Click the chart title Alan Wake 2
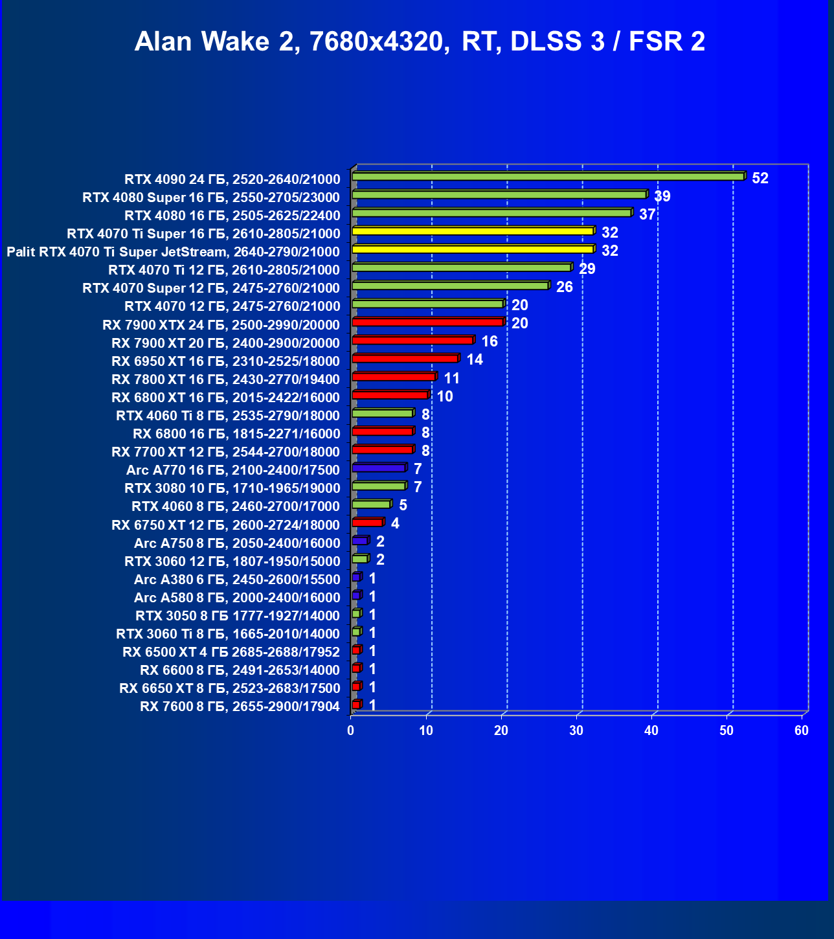(420, 41)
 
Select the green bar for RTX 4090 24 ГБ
(548, 176)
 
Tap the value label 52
(760, 178)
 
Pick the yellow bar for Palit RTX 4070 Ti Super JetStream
(473, 249)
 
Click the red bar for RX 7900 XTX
(427, 322)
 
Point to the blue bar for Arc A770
(379, 468)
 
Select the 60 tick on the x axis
(802, 730)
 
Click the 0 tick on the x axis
(351, 730)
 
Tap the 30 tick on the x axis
(576, 730)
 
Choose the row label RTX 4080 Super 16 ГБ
(211, 198)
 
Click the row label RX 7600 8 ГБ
(240, 707)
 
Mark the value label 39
(662, 196)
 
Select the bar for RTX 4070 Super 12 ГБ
(450, 286)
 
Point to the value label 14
(475, 359)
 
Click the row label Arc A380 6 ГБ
(237, 580)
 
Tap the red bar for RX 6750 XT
(367, 522)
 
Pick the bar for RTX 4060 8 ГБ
(371, 504)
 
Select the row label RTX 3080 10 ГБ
(232, 488)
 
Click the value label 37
(647, 214)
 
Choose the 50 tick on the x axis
(727, 730)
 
